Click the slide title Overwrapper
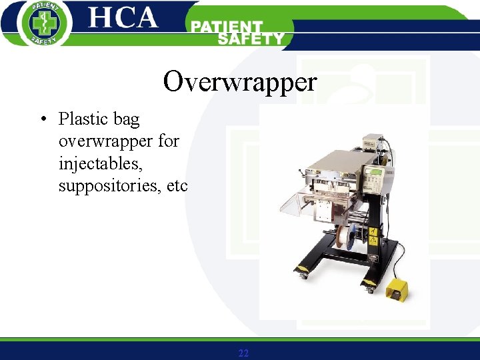coord(240,82)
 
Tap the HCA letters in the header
coord(123,18)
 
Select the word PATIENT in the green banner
coord(227,27)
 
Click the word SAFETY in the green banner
coord(251,39)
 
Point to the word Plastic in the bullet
coord(83,119)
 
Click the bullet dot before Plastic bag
coord(43,120)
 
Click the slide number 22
coord(243,353)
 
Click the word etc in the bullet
coord(178,185)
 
